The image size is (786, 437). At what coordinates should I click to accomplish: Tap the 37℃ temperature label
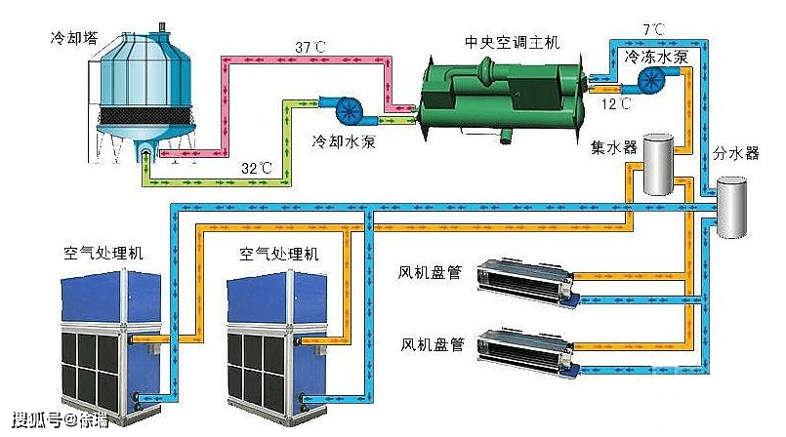pyautogui.click(x=310, y=47)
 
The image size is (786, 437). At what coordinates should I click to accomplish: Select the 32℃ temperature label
pyautogui.click(x=257, y=168)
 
